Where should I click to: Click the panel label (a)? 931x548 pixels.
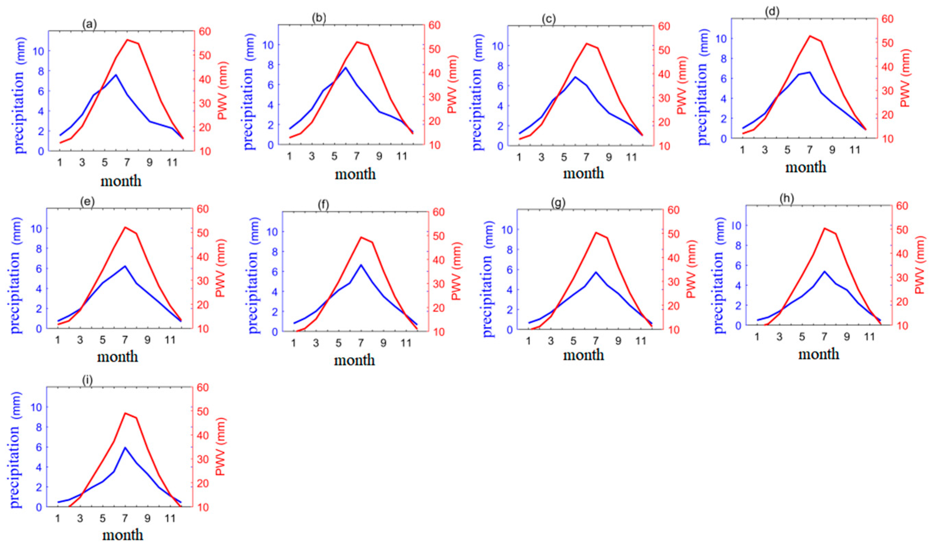pyautogui.click(x=89, y=24)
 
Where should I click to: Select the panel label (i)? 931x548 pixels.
pyautogui.click(x=88, y=381)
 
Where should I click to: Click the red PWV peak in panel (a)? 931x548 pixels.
pyautogui.click(x=127, y=40)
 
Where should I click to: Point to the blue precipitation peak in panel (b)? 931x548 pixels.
pyautogui.click(x=345, y=68)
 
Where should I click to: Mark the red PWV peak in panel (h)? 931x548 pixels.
pyautogui.click(x=824, y=228)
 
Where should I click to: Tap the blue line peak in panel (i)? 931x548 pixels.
pyautogui.click(x=125, y=447)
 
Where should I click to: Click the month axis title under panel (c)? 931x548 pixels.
pyautogui.click(x=583, y=173)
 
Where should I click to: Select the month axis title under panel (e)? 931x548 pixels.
pyautogui.click(x=117, y=357)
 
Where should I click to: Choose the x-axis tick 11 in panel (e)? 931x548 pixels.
pyautogui.click(x=170, y=339)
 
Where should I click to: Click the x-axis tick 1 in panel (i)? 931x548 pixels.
pyautogui.click(x=58, y=518)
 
